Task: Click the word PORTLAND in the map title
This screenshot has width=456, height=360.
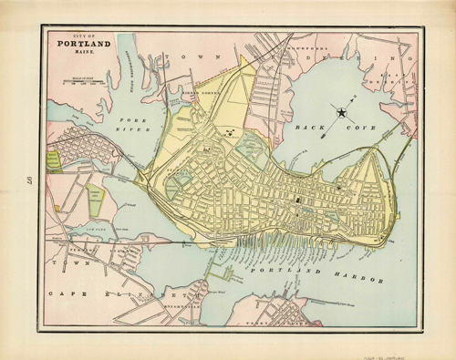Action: [x=83, y=42]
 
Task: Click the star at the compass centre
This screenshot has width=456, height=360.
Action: [x=342, y=113]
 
